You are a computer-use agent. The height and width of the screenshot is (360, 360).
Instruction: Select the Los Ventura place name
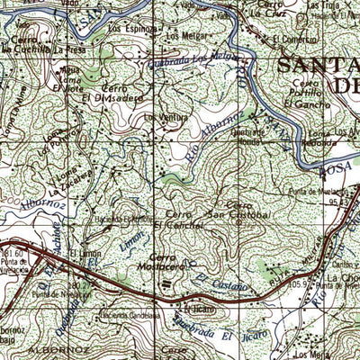point(160,117)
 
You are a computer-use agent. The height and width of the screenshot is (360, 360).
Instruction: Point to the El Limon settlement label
point(89,256)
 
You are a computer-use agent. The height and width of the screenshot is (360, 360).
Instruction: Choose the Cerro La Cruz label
point(267,8)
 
